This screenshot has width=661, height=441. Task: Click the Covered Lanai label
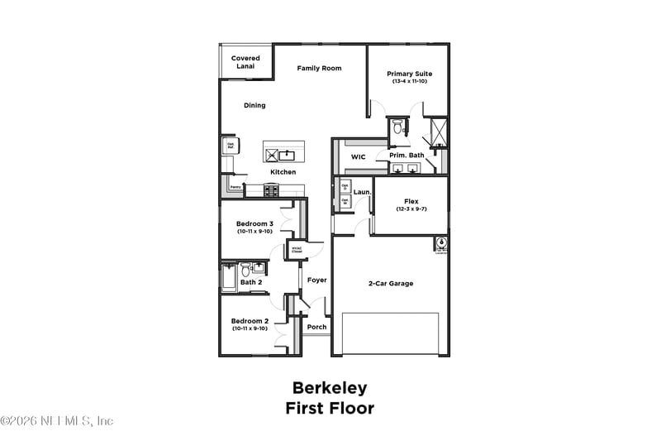245,62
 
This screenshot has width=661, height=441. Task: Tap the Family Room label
319,68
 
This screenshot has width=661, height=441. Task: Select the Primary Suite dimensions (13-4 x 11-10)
410,82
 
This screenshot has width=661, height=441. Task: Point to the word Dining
254,105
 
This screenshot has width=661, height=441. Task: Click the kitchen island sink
288,154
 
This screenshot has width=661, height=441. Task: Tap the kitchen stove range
272,190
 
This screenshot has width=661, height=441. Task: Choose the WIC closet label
358,156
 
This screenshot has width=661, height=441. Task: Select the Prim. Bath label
407,155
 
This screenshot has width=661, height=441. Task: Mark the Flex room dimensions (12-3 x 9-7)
411,209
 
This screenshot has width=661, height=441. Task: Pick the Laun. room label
361,192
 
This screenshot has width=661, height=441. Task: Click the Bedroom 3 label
254,223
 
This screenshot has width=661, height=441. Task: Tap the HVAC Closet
297,249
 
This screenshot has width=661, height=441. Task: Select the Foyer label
316,280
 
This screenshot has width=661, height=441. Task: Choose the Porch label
316,327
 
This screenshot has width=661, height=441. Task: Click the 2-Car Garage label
391,283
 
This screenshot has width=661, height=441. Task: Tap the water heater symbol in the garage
441,243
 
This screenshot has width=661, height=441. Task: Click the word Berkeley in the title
330,388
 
